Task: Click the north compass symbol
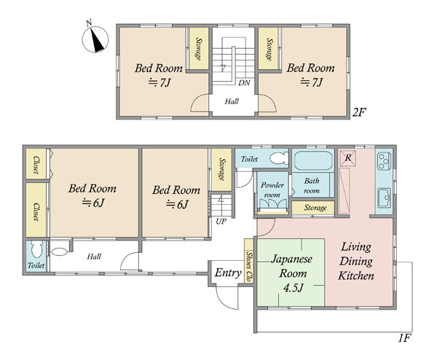pos(95,39)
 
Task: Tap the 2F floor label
pos(358,112)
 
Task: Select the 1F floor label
pos(404,338)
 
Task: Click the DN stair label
pos(244,83)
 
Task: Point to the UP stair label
pos(221,222)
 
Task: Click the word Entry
pos(228,273)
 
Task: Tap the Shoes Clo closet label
pos(249,267)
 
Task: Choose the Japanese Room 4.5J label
pos(292,273)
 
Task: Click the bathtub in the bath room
pos(313,160)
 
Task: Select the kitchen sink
pos(385,198)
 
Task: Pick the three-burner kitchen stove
pos(384,161)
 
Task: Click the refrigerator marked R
pos(347,158)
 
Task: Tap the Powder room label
pos(272,189)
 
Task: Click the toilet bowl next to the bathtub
pos(279,158)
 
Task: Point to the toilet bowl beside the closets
pos(37,249)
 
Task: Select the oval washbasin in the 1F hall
pos(60,252)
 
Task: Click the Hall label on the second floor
pos(232,101)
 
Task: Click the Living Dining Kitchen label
pos(356,262)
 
